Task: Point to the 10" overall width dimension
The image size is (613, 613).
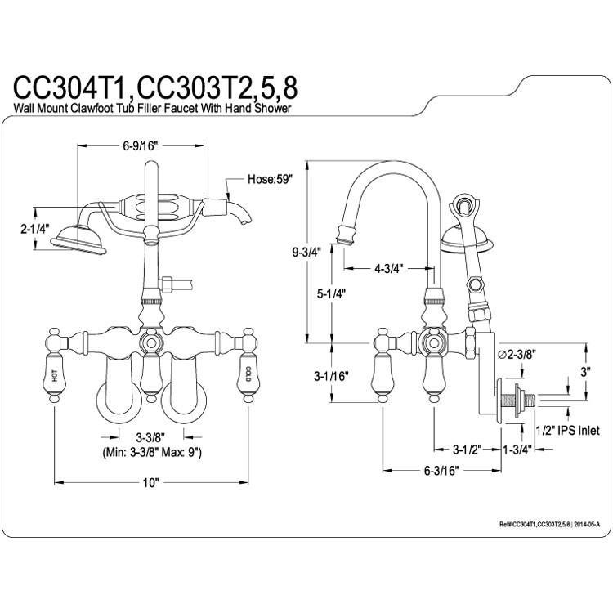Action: point(150,482)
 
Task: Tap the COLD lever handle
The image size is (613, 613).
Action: point(248,378)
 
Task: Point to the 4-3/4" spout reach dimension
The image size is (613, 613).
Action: point(387,267)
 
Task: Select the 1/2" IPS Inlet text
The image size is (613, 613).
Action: point(567,431)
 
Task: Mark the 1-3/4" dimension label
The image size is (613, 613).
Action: point(518,449)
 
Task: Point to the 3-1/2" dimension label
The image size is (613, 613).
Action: point(472,449)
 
